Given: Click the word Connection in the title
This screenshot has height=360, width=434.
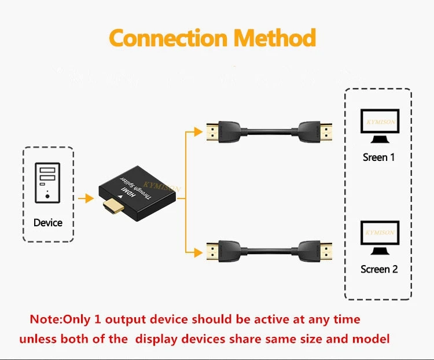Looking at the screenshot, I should pos(167,38).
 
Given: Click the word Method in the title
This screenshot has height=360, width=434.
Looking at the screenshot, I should pos(274,38).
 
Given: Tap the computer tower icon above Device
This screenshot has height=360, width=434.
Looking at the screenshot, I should pos(47,182).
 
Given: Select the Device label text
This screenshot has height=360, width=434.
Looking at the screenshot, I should pos(48,223).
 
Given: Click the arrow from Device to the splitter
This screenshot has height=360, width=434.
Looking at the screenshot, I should pos(86,199).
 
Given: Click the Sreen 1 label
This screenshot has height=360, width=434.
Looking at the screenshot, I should pos(379,157).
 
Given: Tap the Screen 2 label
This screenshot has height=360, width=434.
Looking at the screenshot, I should pos(379,269).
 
